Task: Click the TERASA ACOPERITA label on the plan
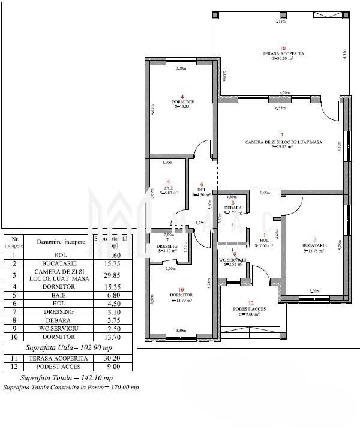[x=283, y=53]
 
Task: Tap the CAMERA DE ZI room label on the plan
[x=284, y=142]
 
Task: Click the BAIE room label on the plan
[x=169, y=188]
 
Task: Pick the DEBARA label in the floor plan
[x=233, y=208]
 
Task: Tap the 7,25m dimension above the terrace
[x=280, y=21]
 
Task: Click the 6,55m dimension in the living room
[x=280, y=109]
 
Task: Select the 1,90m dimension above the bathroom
[x=169, y=162]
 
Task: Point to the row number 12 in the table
[x=14, y=367]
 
